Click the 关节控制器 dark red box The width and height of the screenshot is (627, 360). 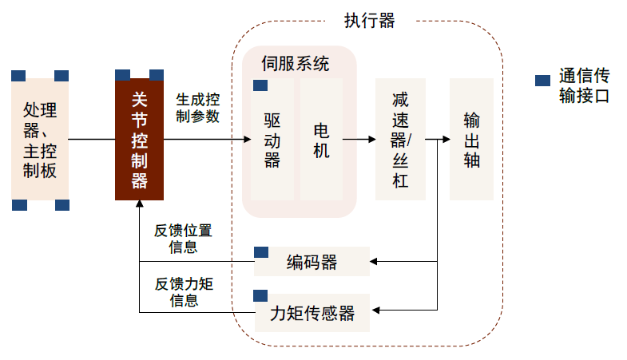click(139, 139)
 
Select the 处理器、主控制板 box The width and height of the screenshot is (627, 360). click(40, 139)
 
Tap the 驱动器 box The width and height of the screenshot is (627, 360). click(272, 139)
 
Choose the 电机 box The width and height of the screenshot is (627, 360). click(321, 139)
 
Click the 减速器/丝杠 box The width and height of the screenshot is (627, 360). click(399, 139)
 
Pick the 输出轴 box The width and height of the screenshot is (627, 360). click(471, 139)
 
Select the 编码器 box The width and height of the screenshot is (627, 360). click(312, 262)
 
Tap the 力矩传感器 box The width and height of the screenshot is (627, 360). click(312, 311)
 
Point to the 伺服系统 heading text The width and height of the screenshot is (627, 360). click(296, 64)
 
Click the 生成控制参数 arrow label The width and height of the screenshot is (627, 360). click(198, 108)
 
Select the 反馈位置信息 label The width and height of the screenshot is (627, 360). click(184, 239)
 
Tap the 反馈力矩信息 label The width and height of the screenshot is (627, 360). click(184, 292)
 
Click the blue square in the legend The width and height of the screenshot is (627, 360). click(542, 81)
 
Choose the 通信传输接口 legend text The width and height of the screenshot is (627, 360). click(584, 86)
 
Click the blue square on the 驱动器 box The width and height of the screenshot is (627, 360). click(260, 85)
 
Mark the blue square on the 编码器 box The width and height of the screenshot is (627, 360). click(261, 252)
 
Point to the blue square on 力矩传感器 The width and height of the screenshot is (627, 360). click(261, 296)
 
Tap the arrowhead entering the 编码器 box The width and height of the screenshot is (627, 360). click(375, 261)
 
